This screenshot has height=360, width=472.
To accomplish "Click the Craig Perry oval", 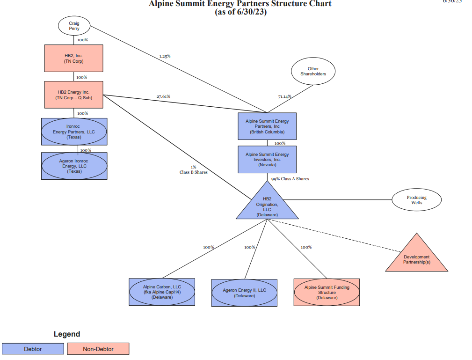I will pyautogui.click(x=74, y=26).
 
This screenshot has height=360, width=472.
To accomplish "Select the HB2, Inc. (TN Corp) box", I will pyautogui.click(x=74, y=58).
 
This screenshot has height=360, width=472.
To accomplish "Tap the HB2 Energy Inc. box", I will pyautogui.click(x=74, y=95).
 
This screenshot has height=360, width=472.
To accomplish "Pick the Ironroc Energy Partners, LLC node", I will pyautogui.click(x=74, y=132).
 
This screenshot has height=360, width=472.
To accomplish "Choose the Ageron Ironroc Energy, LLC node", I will pyautogui.click(x=74, y=166).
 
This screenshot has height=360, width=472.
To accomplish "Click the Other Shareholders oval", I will pyautogui.click(x=313, y=72).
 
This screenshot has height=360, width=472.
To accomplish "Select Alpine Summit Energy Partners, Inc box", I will pyautogui.click(x=267, y=126).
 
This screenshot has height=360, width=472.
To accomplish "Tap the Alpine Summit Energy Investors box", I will pyautogui.click(x=267, y=160).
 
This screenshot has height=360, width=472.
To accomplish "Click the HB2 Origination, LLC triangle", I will pyautogui.click(x=267, y=206).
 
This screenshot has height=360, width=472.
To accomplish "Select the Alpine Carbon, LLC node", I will pyautogui.click(x=162, y=292).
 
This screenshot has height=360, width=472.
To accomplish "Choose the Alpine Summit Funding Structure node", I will pyautogui.click(x=327, y=292).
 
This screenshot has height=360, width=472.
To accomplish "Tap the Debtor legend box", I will pyautogui.click(x=33, y=349).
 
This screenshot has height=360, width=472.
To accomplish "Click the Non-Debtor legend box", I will pyautogui.click(x=98, y=349).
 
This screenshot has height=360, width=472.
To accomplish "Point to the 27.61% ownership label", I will pyautogui.click(x=163, y=96).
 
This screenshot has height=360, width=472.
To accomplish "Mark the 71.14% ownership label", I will pyautogui.click(x=284, y=96).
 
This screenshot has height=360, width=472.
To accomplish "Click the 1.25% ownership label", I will pyautogui.click(x=165, y=56).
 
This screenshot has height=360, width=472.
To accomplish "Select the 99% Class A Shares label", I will pyautogui.click(x=290, y=179).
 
